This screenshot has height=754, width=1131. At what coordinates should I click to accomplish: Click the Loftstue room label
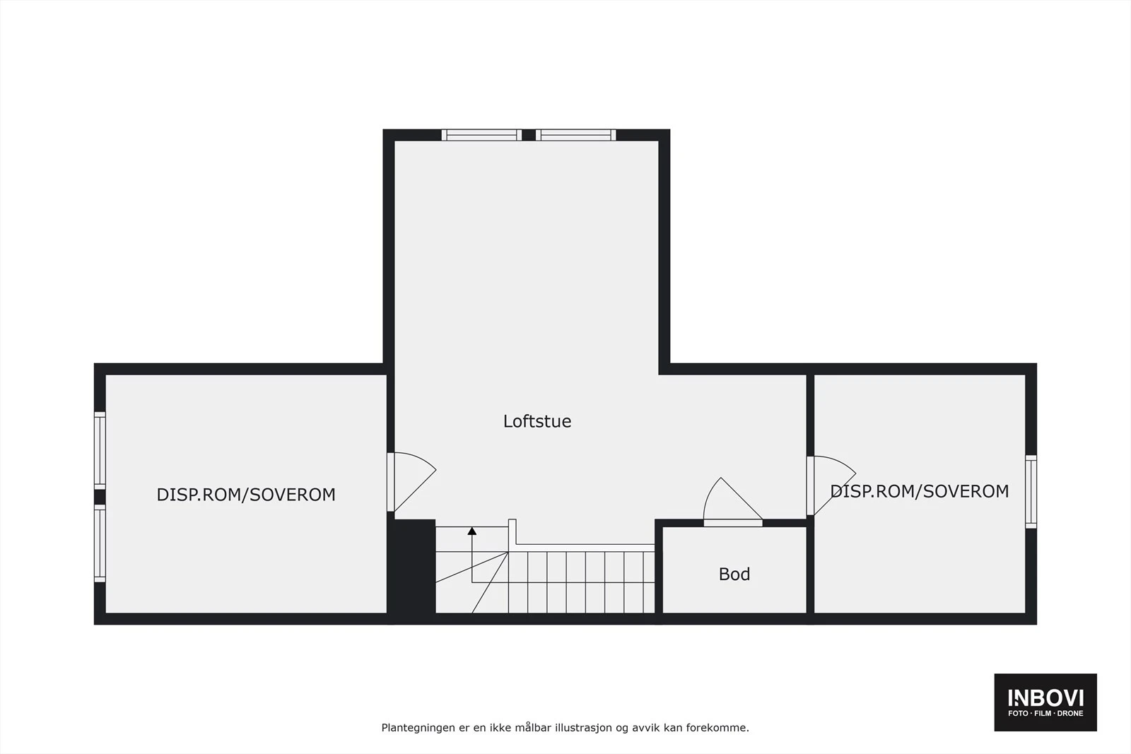537,421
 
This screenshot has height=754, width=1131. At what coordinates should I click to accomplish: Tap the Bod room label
734,574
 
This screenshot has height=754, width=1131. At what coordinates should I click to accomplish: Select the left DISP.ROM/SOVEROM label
246,495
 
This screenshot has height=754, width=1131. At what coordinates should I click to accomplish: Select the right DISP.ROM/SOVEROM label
919,491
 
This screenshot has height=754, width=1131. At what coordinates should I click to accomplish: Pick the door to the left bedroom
410,481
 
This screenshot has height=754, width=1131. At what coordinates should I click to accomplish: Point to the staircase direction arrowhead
471,531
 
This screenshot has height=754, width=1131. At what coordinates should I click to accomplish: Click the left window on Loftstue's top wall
481,135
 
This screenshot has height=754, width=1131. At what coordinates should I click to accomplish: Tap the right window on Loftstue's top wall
575,135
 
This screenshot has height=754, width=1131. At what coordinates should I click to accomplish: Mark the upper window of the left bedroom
100,450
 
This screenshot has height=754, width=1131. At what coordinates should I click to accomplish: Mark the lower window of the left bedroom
100,543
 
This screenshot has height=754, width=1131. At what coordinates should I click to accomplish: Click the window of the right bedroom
1031,492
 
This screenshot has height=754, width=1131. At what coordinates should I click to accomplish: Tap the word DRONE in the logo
1070,714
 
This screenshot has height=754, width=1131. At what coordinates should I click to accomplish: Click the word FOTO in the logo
1018,714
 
